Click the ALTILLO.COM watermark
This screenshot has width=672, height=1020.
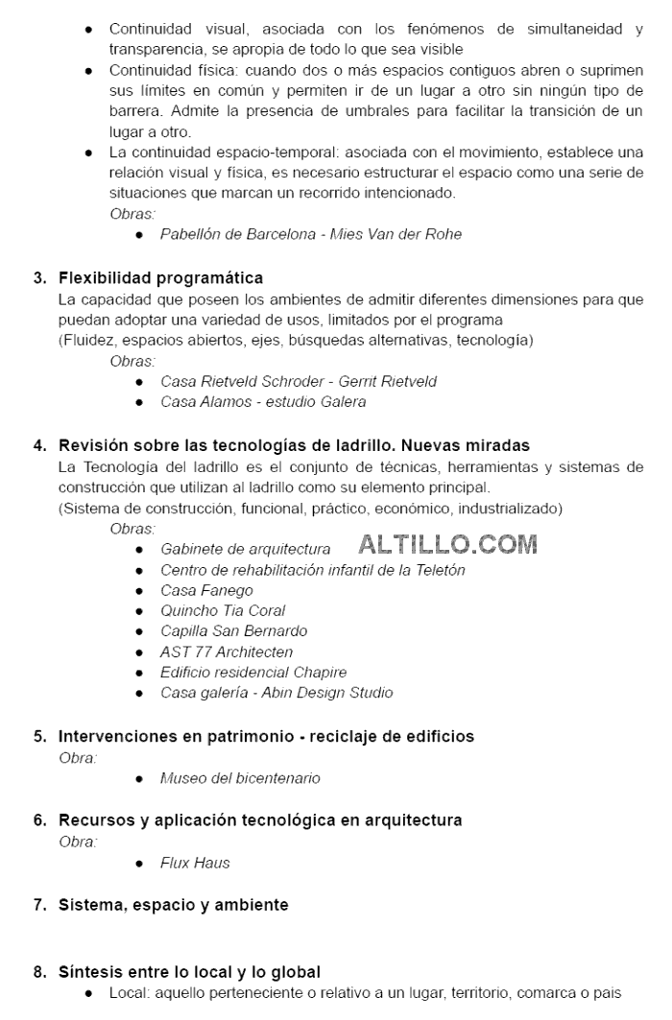coord(447,544)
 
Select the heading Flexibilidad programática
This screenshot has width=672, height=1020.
coord(160,278)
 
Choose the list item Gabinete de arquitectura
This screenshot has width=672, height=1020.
coord(245,549)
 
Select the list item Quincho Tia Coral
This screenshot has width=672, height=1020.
coord(223,610)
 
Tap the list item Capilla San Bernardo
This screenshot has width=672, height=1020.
coord(233,631)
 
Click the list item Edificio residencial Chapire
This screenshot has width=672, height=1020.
coord(253,673)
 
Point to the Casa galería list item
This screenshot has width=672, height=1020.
coord(276,693)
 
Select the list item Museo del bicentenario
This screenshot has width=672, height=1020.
coord(240,778)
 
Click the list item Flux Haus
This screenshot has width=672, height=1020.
coord(195,863)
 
